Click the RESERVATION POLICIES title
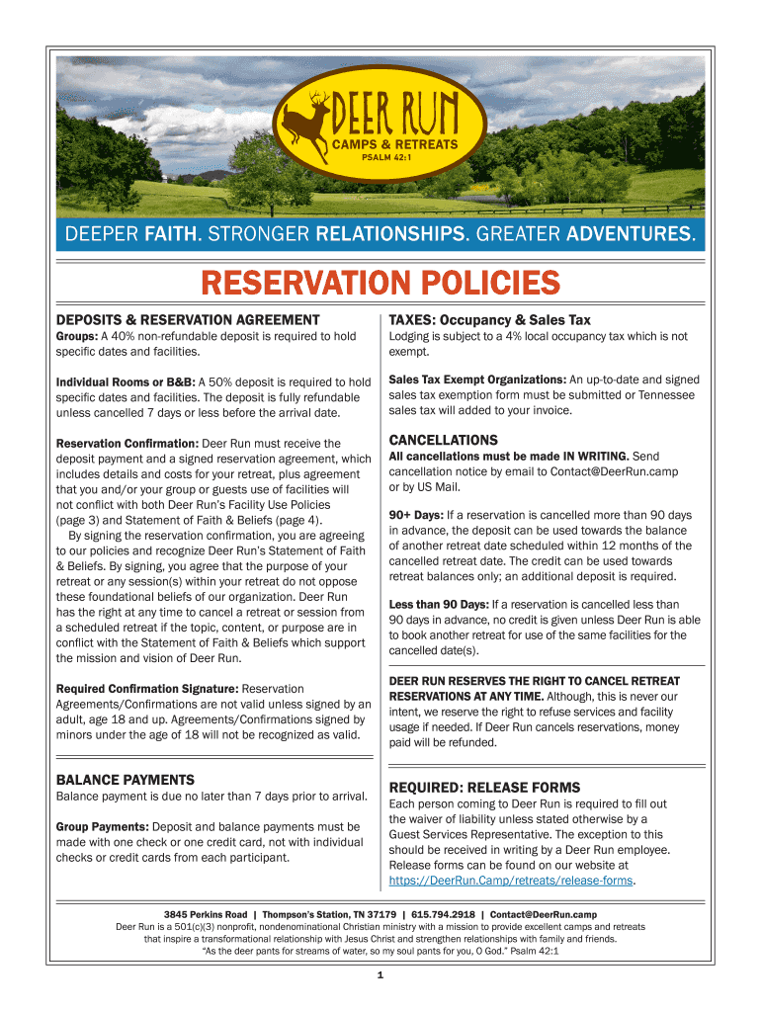pos(380,285)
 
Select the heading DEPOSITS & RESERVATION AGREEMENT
pos(188,320)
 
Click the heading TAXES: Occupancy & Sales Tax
pos(490,320)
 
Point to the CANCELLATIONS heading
pos(443,440)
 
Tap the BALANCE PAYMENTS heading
pos(125,780)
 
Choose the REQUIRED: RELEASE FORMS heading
pos(484,788)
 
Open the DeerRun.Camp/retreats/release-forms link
pos(511,881)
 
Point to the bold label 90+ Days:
pos(416,515)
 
